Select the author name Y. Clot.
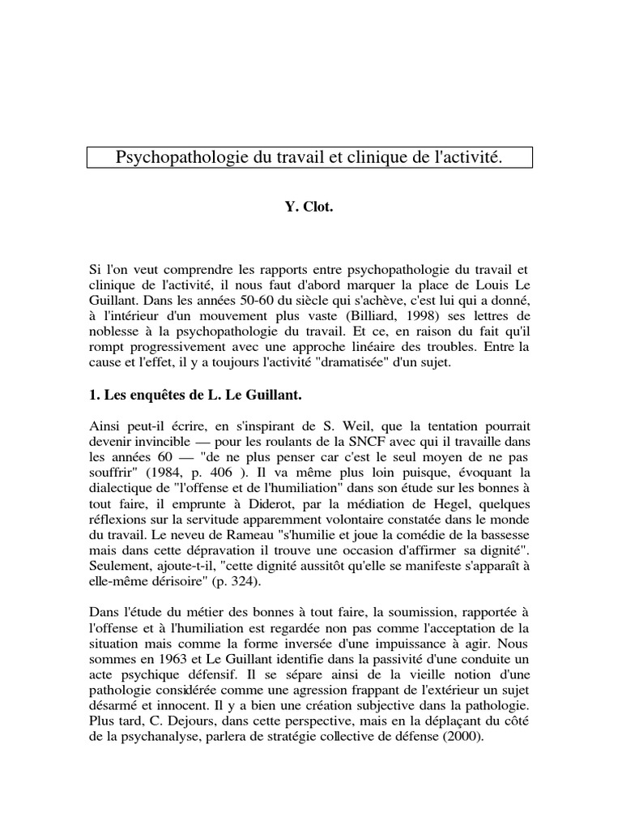[x=309, y=207]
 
